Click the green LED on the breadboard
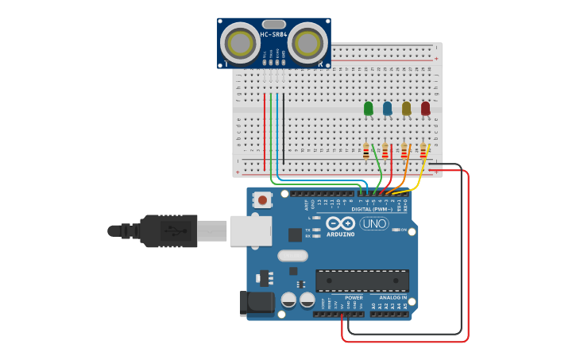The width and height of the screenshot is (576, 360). [x=368, y=108]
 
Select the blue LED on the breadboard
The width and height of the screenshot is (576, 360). [x=387, y=108]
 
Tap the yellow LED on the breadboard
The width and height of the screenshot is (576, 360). [x=407, y=108]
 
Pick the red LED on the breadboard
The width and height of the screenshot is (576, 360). [x=426, y=108]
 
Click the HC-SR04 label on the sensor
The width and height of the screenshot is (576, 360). [x=273, y=34]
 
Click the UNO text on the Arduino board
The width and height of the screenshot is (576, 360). [x=374, y=223]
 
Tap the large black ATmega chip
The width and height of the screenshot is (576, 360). [x=362, y=281]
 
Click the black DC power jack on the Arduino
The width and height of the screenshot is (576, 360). [x=256, y=303]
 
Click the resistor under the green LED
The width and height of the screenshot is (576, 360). [x=366, y=149]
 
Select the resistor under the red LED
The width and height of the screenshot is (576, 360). [x=423, y=149]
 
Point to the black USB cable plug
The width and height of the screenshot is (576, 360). [x=168, y=230]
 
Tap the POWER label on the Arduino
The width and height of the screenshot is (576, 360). [x=354, y=297]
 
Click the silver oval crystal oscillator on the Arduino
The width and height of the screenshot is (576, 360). [x=292, y=256]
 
